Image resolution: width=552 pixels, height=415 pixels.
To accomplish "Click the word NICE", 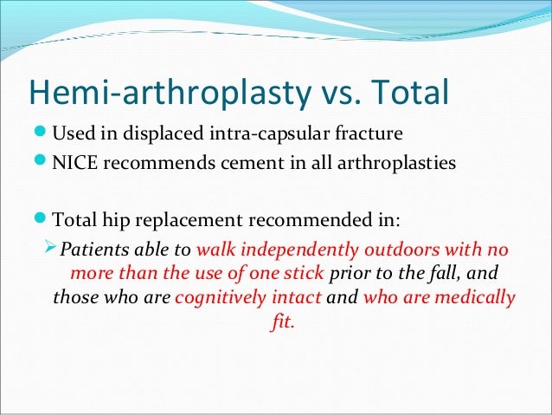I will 76,163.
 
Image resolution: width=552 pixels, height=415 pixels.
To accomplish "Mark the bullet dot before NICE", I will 39,163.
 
